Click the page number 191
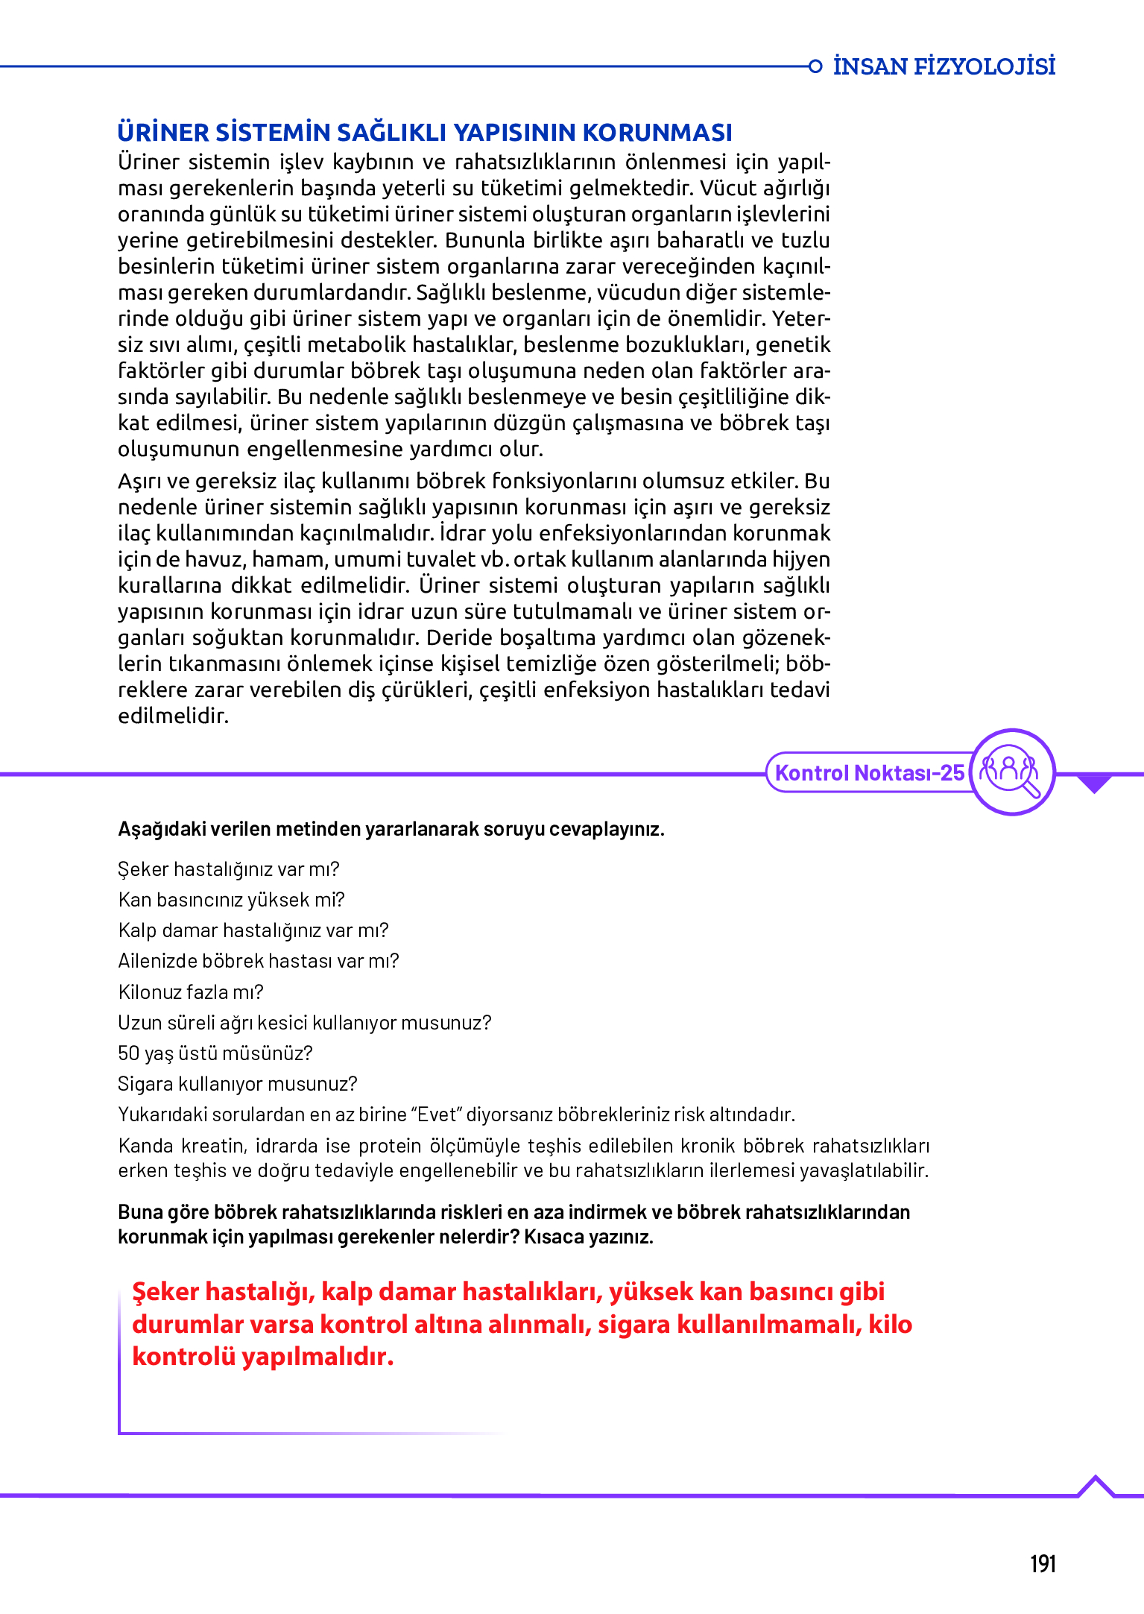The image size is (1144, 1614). point(1043,1563)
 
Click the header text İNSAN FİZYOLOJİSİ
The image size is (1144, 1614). point(944,66)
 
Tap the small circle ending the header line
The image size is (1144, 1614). point(815,66)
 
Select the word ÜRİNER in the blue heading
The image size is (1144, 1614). point(163,133)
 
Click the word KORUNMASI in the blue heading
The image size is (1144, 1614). point(657,133)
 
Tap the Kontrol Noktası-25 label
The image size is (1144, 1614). point(870,772)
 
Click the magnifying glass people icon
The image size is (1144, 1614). point(1011,772)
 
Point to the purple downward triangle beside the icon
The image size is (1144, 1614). point(1094,784)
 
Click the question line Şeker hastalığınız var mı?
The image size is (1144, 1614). point(229,869)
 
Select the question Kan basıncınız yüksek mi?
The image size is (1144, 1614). point(231,900)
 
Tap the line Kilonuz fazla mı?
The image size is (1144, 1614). point(191,992)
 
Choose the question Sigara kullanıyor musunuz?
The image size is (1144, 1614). point(238,1084)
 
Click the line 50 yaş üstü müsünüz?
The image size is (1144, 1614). point(215,1053)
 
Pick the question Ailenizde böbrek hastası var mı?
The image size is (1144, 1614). point(259,961)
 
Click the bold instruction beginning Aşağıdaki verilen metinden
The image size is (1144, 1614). point(391,829)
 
